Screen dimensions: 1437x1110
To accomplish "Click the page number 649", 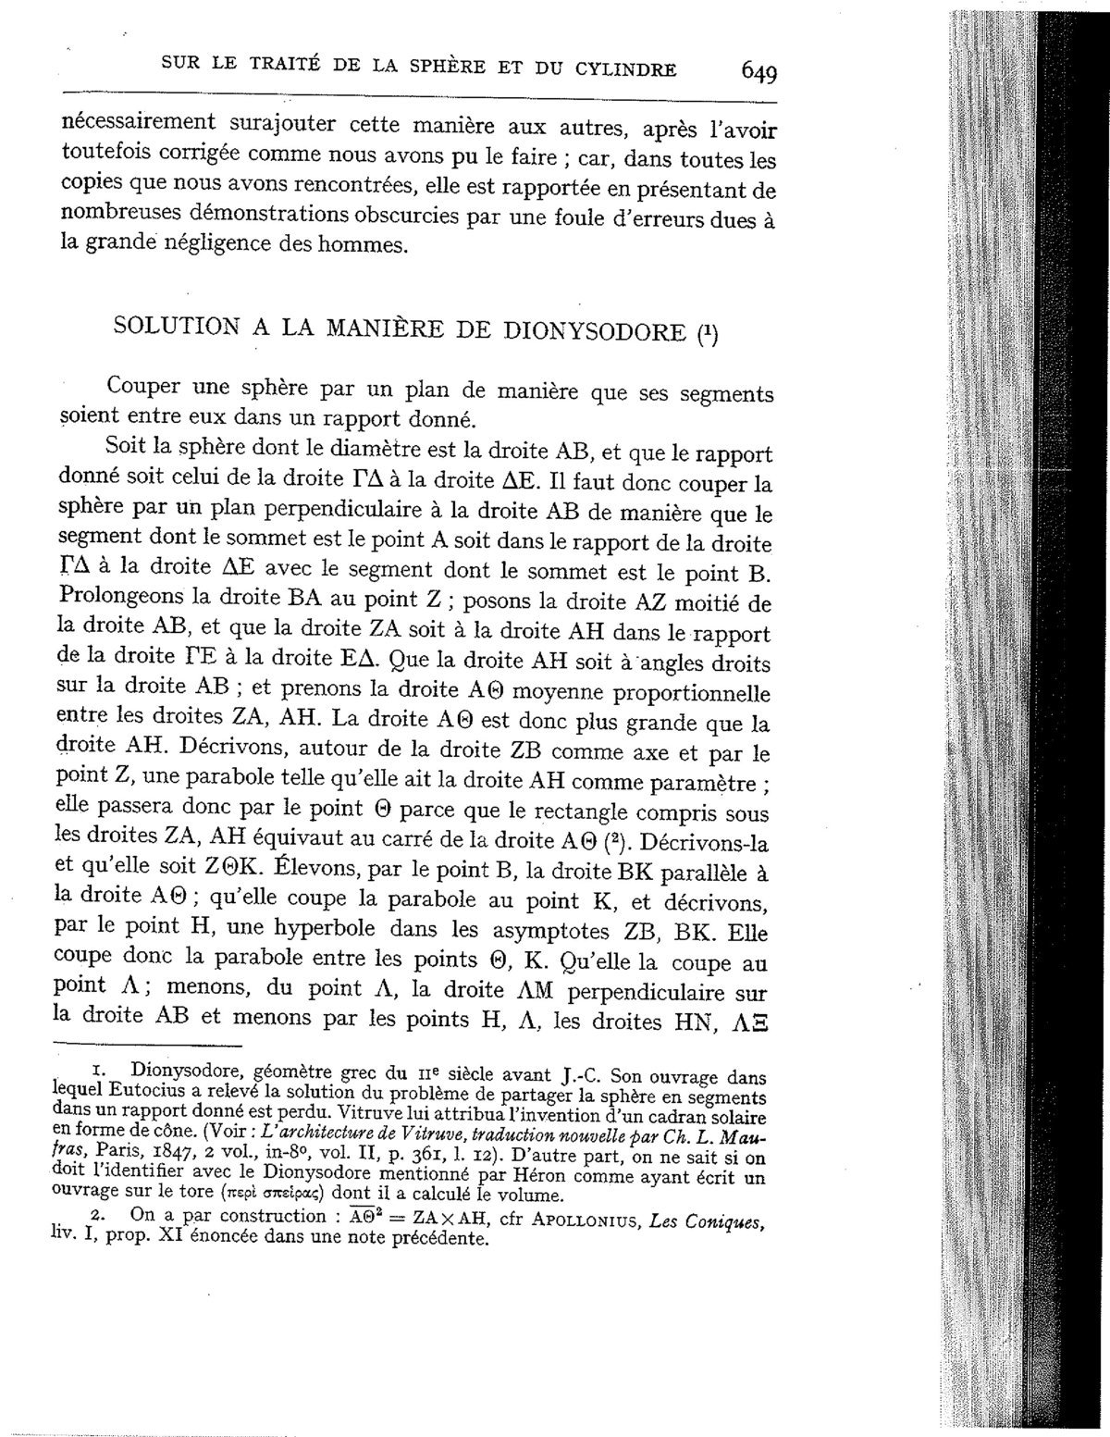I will (758, 71).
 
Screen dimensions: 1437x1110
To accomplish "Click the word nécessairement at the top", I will (139, 123).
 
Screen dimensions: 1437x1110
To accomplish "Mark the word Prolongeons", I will (117, 602).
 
